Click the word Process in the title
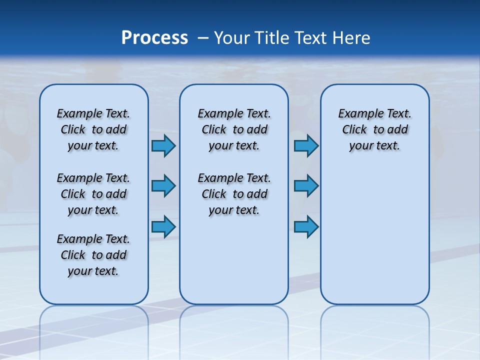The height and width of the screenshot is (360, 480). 154,38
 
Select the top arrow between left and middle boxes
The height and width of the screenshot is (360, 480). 163,145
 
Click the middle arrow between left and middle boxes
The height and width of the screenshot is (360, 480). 163,186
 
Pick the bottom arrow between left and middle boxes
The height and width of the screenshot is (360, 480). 163,227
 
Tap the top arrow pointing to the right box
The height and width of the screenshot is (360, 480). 306,145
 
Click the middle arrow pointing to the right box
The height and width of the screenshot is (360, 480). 306,186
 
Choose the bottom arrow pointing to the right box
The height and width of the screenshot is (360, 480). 306,227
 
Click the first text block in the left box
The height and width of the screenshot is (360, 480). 93,129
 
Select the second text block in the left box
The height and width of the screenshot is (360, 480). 93,194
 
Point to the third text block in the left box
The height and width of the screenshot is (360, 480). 93,255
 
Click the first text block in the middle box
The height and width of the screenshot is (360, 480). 234,129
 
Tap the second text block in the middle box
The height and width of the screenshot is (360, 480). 234,194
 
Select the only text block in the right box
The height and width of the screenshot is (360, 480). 375,129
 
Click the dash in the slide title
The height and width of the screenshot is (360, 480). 203,38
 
